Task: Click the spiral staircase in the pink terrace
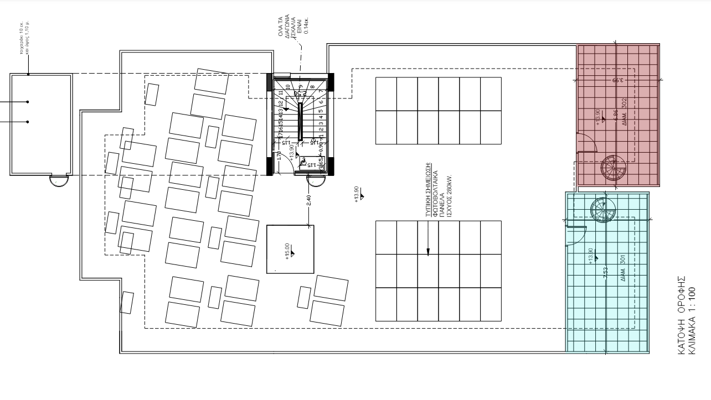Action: point(612,167)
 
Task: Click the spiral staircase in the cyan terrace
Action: point(602,210)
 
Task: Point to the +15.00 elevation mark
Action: point(287,251)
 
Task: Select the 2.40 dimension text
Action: point(308,200)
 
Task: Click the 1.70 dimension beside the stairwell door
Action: point(280,156)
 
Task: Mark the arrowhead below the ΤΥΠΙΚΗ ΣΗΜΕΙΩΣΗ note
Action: point(427,252)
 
